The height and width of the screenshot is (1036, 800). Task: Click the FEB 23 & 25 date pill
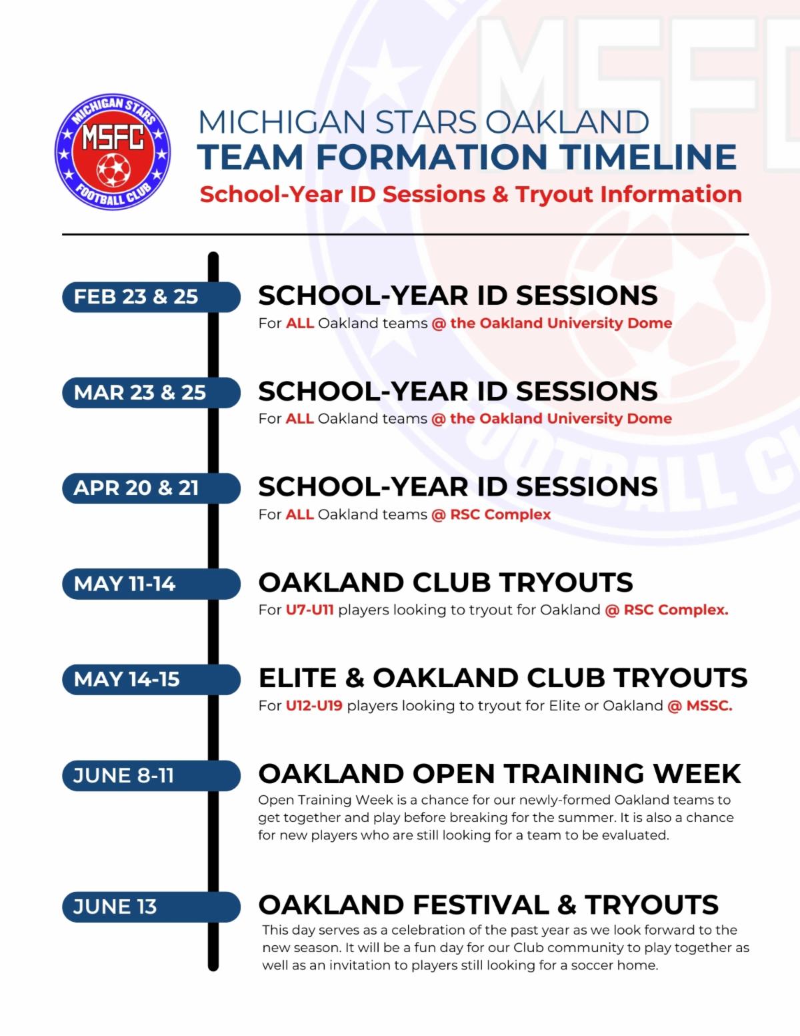coord(151,297)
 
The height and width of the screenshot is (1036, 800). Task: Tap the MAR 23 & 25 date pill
coord(151,392)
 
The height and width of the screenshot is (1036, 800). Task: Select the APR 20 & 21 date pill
coord(151,488)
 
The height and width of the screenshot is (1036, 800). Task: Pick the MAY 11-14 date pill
coord(151,584)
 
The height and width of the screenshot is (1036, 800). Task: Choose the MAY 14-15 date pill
coord(151,679)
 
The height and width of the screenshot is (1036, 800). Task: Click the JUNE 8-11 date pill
coord(151,776)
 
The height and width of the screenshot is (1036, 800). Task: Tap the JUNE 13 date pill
coord(151,907)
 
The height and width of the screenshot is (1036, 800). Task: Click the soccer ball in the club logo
coord(113,169)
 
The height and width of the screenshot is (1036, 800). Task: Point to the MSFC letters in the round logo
coord(113,137)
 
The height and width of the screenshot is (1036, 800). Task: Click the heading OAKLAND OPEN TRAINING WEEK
coord(499,774)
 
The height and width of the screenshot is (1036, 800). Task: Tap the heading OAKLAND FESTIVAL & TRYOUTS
coord(489,905)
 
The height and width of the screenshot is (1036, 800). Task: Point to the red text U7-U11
coord(310,610)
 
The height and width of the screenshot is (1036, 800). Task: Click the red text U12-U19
coord(314,706)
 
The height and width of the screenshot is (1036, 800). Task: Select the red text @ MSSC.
coord(700,706)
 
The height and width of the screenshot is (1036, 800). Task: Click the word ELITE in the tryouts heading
coord(297,678)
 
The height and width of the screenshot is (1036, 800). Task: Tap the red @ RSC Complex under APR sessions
coord(491,515)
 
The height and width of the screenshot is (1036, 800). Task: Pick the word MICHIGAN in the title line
coord(281,122)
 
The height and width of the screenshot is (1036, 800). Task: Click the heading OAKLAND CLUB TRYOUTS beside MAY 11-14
coord(445,582)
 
